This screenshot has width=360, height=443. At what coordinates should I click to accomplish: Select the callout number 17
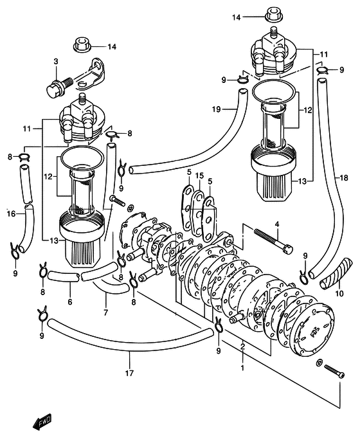click(x=129, y=374)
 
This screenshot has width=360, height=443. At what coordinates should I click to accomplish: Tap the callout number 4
click(x=277, y=224)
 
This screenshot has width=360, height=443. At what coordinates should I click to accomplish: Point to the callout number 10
click(x=339, y=294)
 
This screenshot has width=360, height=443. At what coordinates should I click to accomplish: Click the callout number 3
click(x=56, y=62)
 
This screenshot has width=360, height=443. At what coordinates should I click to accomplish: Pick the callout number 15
click(x=199, y=176)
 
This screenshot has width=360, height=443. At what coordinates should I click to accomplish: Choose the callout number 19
click(x=217, y=109)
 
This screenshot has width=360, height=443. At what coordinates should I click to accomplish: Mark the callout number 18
click(x=344, y=178)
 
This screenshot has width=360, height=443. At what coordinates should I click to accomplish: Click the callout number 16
click(x=11, y=214)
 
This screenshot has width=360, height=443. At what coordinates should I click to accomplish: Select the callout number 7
click(x=105, y=312)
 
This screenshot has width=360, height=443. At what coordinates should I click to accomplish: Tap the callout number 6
click(x=70, y=302)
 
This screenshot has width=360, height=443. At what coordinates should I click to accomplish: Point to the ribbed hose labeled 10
click(x=336, y=273)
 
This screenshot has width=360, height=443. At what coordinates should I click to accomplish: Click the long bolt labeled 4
click(x=273, y=241)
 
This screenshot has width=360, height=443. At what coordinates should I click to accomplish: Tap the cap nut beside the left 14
click(x=82, y=45)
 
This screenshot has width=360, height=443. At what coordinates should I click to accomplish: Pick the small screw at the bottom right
click(x=334, y=371)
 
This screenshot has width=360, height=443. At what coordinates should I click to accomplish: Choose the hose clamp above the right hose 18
click(x=323, y=70)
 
